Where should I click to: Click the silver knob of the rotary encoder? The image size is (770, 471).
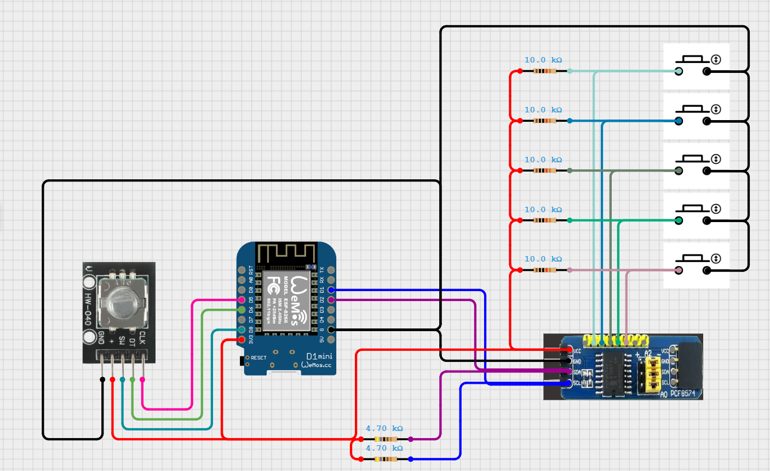coord(121,302)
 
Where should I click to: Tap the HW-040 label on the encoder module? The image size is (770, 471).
coord(88,309)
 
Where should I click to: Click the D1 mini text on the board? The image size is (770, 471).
coord(319,356)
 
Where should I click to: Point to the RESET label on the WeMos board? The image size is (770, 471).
coord(258,357)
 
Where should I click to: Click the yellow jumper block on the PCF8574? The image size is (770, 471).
coord(653,376)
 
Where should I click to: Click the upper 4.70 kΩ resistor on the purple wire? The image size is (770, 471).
coord(386,439)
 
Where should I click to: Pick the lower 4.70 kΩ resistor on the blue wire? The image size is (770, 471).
coord(386,459)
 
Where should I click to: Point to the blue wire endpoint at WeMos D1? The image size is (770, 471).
coord(331,290)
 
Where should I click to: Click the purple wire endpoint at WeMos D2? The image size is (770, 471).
coord(331,300)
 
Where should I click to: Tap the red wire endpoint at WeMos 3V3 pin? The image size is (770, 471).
coord(242,340)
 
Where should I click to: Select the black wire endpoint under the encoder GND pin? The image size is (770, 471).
coord(102,379)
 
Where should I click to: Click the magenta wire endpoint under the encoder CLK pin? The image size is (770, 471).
coord(142,379)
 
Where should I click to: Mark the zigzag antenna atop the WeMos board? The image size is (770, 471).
coord(286,253)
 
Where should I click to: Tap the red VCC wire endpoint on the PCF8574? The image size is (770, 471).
coord(570,350)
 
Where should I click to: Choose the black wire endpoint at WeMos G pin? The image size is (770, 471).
coord(331,330)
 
